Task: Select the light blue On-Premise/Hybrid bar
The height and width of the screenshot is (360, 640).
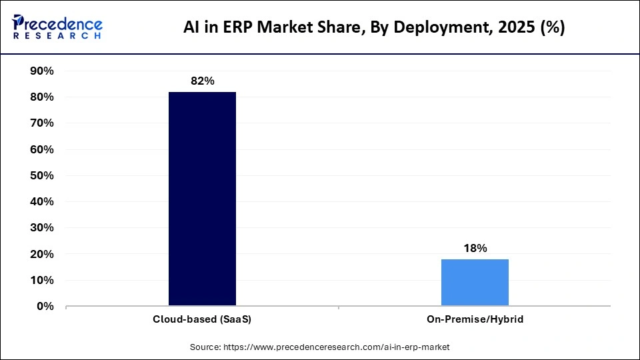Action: point(475,283)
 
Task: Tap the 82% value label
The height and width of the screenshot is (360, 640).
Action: point(202,81)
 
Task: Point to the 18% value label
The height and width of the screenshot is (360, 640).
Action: point(475,248)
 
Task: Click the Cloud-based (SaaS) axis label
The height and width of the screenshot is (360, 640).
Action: point(202,319)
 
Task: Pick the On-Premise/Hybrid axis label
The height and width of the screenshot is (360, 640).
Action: point(475,319)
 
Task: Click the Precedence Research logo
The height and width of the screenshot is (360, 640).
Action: point(57,27)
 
